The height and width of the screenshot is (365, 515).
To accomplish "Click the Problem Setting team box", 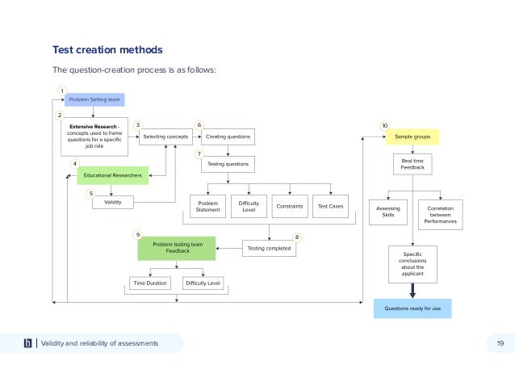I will tap(94, 100).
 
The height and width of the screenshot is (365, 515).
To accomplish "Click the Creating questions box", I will tap(228, 137).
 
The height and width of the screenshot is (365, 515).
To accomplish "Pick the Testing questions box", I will tap(228, 164).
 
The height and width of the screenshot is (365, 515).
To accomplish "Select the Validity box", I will tap(112, 202).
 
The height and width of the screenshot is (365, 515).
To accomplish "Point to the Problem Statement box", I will tap(207, 207).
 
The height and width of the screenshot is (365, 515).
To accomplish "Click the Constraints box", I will tap(289, 207).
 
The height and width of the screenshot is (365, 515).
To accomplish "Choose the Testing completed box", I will tap(270, 249).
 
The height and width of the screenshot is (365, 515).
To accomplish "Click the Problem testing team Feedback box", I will tap(177, 248).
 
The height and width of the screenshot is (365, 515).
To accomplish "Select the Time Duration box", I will tap(151, 283).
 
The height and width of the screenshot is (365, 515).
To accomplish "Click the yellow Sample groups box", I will tap(412, 137).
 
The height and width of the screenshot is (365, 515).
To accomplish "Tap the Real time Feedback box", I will tap(412, 165).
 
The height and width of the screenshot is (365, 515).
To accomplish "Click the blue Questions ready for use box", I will tap(412, 308).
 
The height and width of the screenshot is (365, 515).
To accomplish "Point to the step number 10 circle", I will tap(384, 126).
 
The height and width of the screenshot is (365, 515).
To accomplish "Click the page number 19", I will tap(500, 344).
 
